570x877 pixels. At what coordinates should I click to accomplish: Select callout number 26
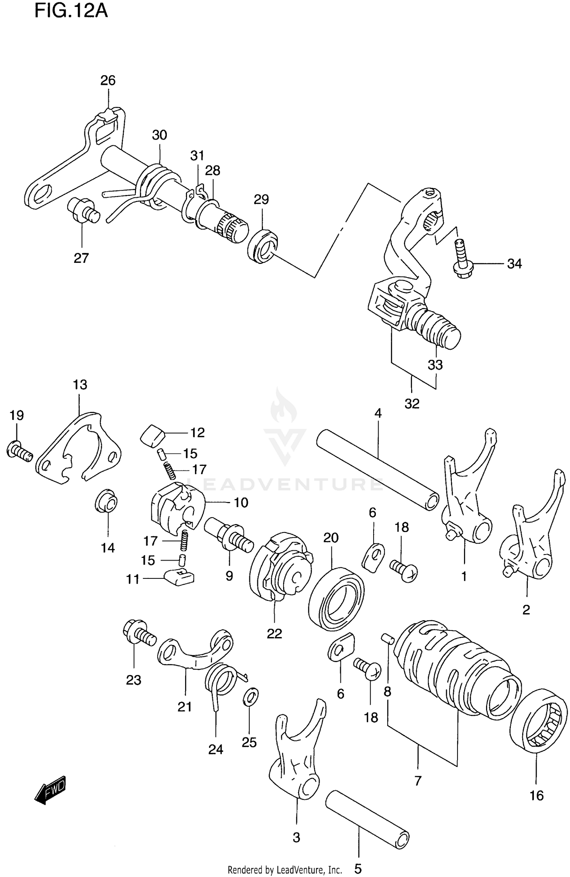[108, 80]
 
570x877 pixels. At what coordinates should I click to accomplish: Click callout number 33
[435, 365]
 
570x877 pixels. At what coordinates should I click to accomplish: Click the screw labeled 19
[19, 451]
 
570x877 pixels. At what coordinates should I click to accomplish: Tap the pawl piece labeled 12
[152, 435]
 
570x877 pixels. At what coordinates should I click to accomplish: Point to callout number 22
[274, 634]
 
